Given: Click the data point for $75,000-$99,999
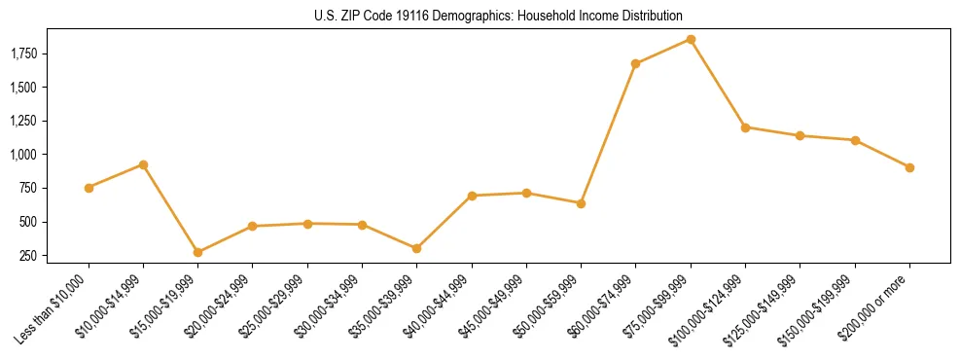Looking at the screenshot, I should pos(691,39).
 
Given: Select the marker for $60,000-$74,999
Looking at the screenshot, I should pos(636,64).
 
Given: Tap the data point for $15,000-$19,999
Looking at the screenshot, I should pos(198,252).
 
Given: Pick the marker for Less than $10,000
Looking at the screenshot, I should pos(89,188).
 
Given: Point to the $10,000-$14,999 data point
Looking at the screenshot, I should pos(143,164).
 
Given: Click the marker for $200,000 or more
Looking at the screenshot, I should pos(909,167).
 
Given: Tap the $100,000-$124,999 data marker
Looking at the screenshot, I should pos(745,127).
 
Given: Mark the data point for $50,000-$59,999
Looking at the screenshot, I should pos(581,203).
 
